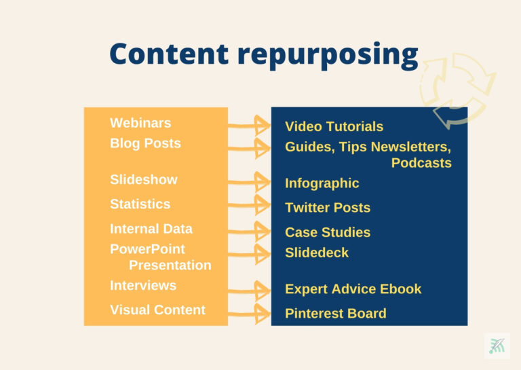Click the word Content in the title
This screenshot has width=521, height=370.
(x=169, y=54)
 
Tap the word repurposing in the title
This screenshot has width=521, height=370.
(x=328, y=56)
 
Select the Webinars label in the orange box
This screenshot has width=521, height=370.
(x=140, y=123)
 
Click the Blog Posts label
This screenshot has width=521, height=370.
(x=146, y=143)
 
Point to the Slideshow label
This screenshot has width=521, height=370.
(x=144, y=179)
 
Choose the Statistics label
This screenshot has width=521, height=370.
(x=140, y=204)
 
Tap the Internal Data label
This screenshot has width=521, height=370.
(x=151, y=229)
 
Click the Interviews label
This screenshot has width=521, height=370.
(x=143, y=286)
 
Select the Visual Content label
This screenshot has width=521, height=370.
(x=158, y=310)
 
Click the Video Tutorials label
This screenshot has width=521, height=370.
(x=334, y=127)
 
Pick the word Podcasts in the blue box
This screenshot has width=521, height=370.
(x=421, y=163)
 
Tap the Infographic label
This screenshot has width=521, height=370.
(x=322, y=183)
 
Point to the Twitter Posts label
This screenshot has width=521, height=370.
(x=328, y=208)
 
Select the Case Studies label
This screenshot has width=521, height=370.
(x=328, y=232)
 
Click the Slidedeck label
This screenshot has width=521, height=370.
(x=317, y=253)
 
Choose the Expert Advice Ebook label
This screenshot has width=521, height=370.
(x=353, y=289)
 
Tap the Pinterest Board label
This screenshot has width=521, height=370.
(x=336, y=314)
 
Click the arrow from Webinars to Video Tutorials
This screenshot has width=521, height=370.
(x=249, y=126)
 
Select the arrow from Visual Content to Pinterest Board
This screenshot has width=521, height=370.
(x=249, y=314)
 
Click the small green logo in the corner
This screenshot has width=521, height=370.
(x=497, y=346)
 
